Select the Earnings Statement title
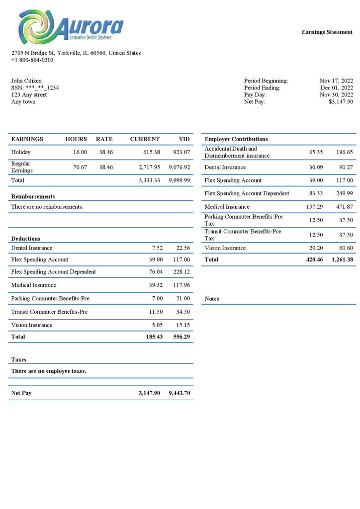[327, 32]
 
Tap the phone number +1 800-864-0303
[32, 60]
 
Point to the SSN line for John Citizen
[35, 87]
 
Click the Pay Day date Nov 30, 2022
[336, 94]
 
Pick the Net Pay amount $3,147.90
[341, 101]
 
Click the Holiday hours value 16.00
[80, 152]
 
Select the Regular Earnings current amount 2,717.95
[149, 167]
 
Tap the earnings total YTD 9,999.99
[180, 180]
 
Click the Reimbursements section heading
[33, 196]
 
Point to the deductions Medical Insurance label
[33, 285]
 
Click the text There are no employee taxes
[49, 371]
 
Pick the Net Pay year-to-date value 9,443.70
[180, 393]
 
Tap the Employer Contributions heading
[236, 139]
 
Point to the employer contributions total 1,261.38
[342, 259]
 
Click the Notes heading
[212, 299]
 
